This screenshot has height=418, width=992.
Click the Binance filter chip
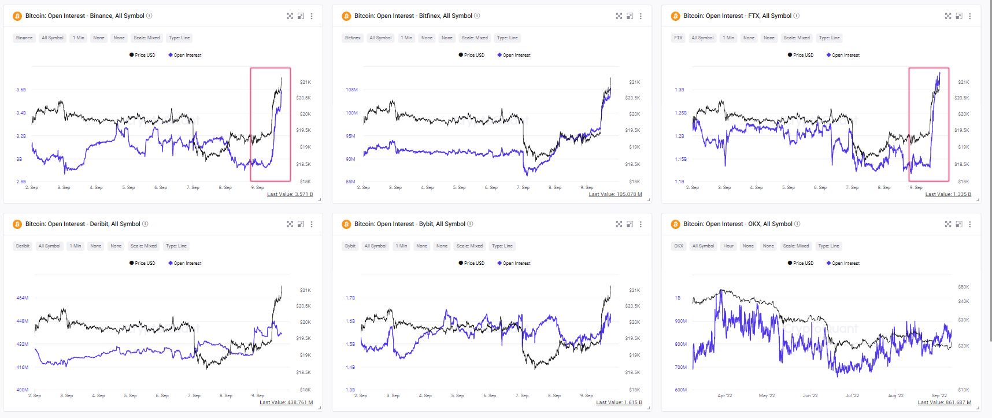24,38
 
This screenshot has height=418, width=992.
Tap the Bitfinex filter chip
353,38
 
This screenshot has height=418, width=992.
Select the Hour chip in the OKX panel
728,246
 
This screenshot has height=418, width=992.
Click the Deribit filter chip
23,246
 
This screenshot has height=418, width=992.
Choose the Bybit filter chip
350,246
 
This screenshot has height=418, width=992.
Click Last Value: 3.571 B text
290,194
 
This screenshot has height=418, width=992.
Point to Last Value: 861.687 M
944,402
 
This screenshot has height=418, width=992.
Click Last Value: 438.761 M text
286,402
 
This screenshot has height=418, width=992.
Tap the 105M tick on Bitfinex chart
351,90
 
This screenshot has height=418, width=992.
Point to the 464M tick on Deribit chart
22,298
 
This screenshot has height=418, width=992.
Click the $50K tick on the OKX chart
963,287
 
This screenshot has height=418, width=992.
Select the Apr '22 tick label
724,395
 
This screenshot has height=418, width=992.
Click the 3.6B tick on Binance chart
21,90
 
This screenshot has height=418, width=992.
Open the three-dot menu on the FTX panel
969,16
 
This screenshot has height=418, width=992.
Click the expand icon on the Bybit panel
619,224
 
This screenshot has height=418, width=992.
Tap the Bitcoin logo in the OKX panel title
675,224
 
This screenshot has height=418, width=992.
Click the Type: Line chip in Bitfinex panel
508,38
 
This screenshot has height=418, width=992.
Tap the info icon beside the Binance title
150,16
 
